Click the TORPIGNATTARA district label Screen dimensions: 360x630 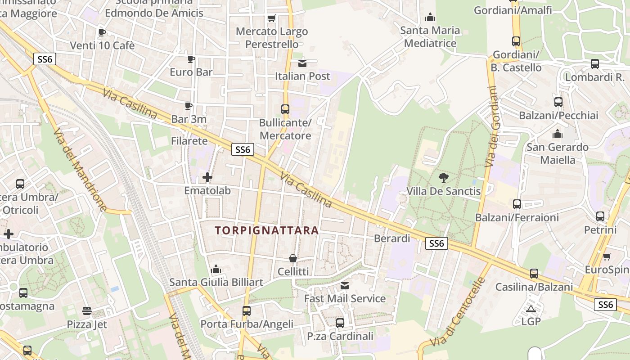tap(267, 231)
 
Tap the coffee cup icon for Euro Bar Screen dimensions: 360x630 tap(191, 59)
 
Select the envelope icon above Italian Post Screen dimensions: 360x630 tap(302, 63)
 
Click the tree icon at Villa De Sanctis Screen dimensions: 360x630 tap(444, 177)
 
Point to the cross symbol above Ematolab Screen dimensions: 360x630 tap(207, 177)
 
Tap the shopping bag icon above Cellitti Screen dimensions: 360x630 tap(293, 258)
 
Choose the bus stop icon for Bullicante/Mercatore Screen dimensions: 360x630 tap(285, 109)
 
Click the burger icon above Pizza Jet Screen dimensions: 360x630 tap(87, 311)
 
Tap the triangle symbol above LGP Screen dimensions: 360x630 tap(531, 309)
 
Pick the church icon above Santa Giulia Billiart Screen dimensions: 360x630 tap(216, 269)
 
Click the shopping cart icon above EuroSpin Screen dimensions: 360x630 tap(607, 256)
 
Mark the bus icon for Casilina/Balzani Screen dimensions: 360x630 tap(534, 273)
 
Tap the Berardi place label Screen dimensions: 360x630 tap(392, 238)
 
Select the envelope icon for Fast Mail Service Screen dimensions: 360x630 tap(345, 285)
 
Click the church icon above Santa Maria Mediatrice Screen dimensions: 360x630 tap(430, 17)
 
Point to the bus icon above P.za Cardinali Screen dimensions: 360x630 tap(340, 323)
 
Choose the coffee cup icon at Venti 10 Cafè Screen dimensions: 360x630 tap(102, 32)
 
